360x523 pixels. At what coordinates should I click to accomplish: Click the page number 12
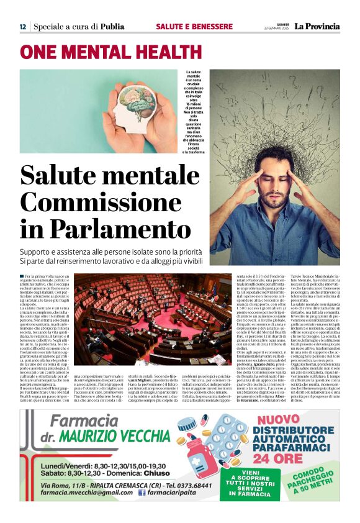(22, 27)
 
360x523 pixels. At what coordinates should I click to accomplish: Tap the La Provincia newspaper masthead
(317, 27)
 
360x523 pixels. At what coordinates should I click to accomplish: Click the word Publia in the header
(112, 27)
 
